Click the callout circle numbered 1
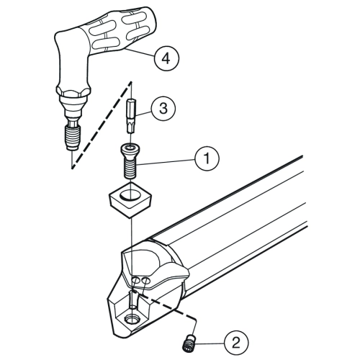coord(207,158)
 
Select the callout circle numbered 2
coord(236,343)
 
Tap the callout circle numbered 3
coord(163,108)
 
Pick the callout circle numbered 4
coord(166,58)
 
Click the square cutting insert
coord(130,199)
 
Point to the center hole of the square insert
coord(130,194)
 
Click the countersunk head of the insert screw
coord(130,149)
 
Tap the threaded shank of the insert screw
coord(130,167)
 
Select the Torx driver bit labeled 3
coord(131,116)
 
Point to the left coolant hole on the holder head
coord(136,280)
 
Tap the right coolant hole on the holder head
coord(145,280)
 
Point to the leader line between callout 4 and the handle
coord(140,53)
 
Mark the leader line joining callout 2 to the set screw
coord(210,344)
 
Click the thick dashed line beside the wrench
coord(102,125)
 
